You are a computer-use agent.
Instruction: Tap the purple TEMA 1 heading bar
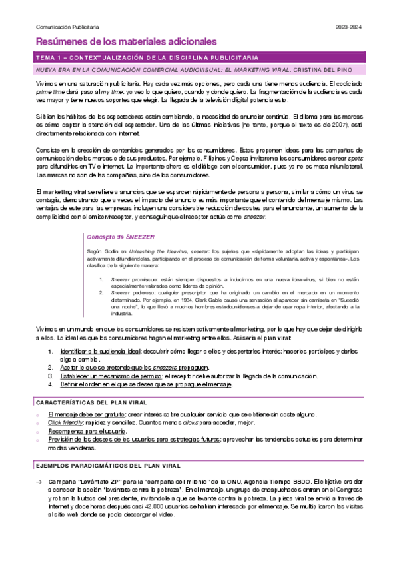pyautogui.click(x=199, y=58)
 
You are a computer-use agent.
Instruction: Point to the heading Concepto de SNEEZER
pyautogui.click(x=117, y=236)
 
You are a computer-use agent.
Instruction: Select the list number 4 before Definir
pyautogui.click(x=51, y=384)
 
